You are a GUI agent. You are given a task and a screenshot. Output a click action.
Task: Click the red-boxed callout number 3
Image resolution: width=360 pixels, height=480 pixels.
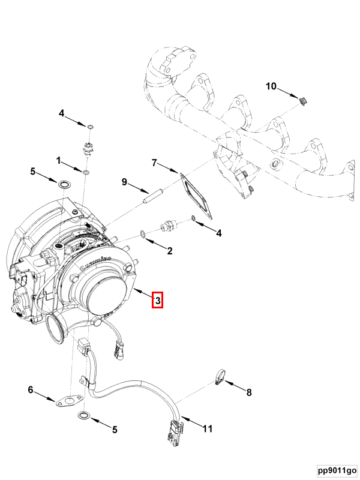pos(157,300)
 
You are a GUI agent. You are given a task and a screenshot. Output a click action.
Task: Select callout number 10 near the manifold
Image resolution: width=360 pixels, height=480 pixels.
pos(271,86)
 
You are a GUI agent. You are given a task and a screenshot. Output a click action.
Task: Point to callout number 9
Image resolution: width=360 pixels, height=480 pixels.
pos(124,182)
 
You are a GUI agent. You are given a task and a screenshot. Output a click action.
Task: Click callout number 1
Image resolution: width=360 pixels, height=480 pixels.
pos(59,160)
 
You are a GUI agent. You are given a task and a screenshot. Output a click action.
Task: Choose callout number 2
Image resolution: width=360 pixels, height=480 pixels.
pos(170,251)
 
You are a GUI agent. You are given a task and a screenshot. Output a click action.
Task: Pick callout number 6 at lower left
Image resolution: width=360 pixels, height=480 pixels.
pos(30,391)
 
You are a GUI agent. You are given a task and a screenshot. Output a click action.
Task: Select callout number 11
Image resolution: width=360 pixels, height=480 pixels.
pos(207,428)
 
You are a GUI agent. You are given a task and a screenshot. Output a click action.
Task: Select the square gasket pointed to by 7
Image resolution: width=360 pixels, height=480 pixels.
pos(196,195)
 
